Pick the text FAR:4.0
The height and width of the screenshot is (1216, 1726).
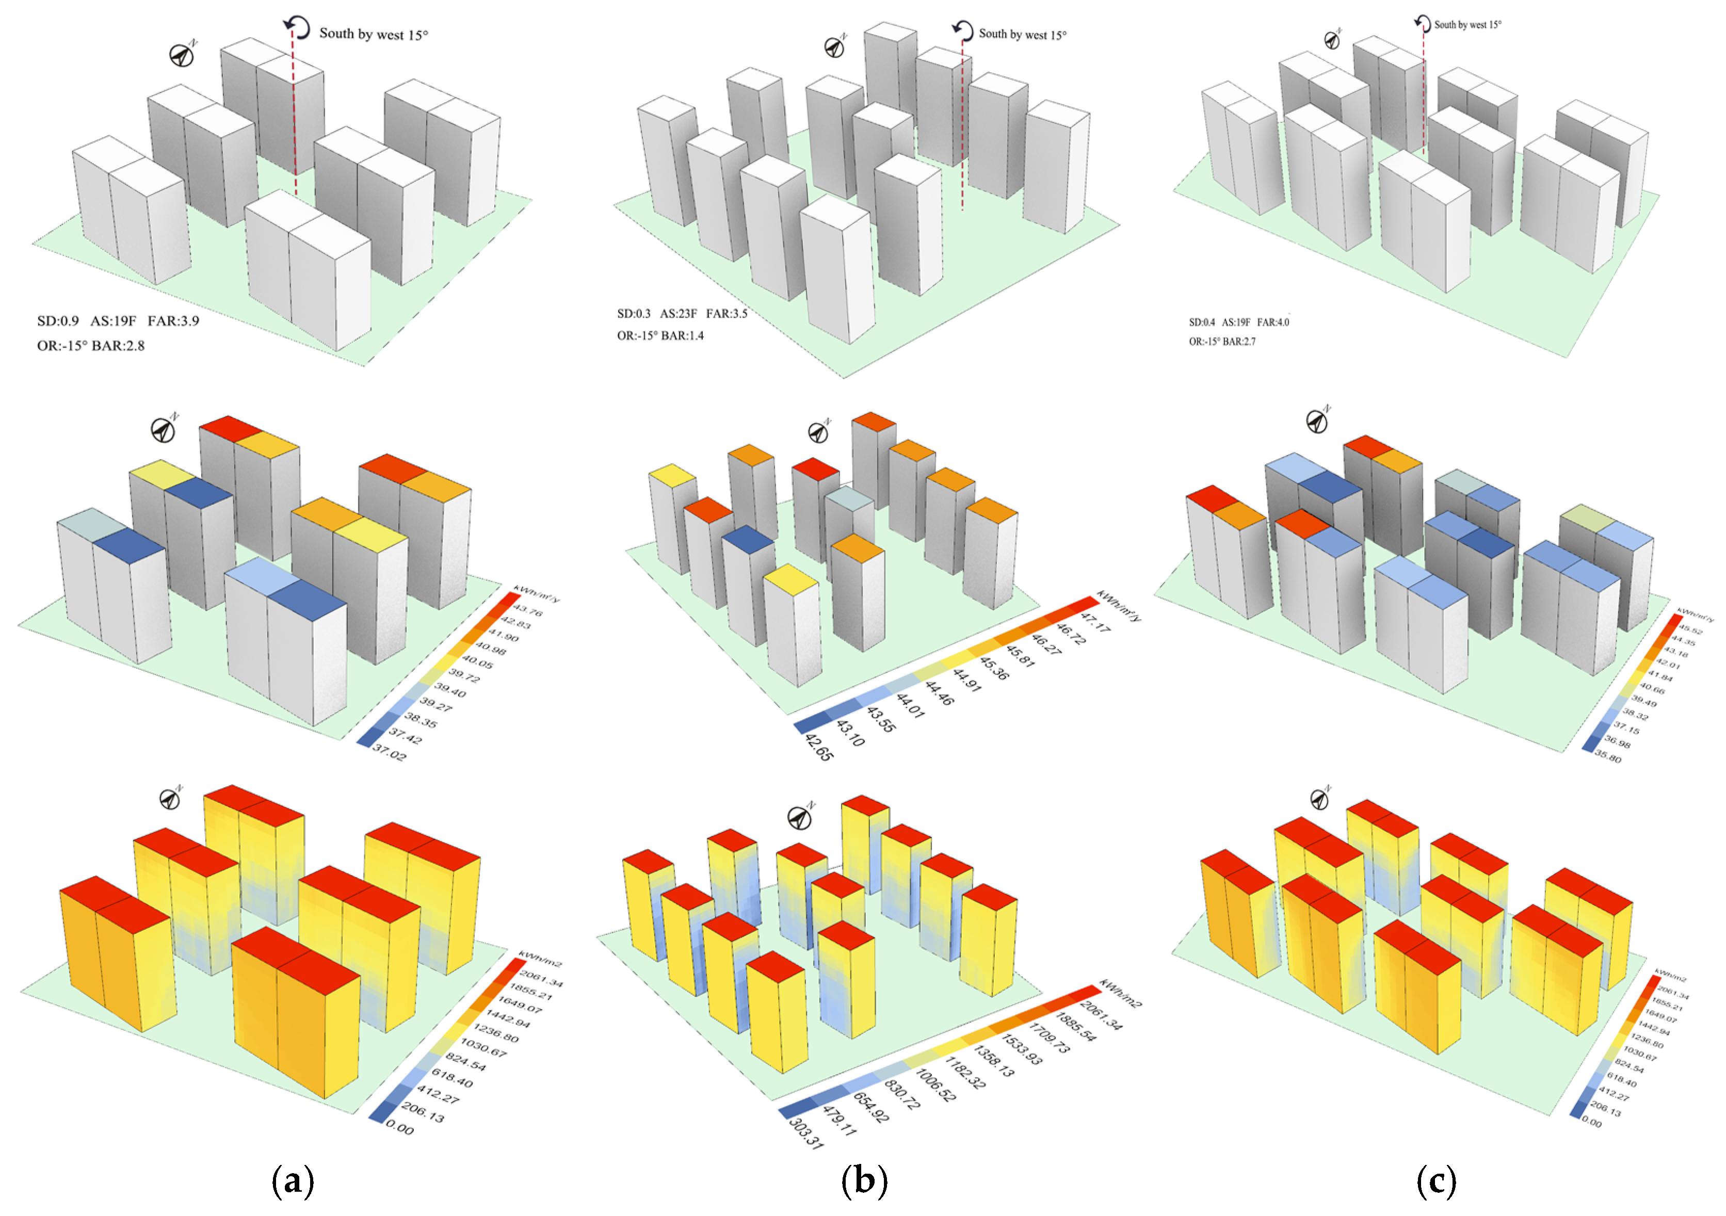[x=1273, y=322]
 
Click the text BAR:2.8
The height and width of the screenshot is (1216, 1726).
[x=118, y=346]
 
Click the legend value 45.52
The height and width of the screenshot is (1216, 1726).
[x=1691, y=630]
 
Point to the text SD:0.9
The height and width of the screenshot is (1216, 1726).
[x=58, y=321]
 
